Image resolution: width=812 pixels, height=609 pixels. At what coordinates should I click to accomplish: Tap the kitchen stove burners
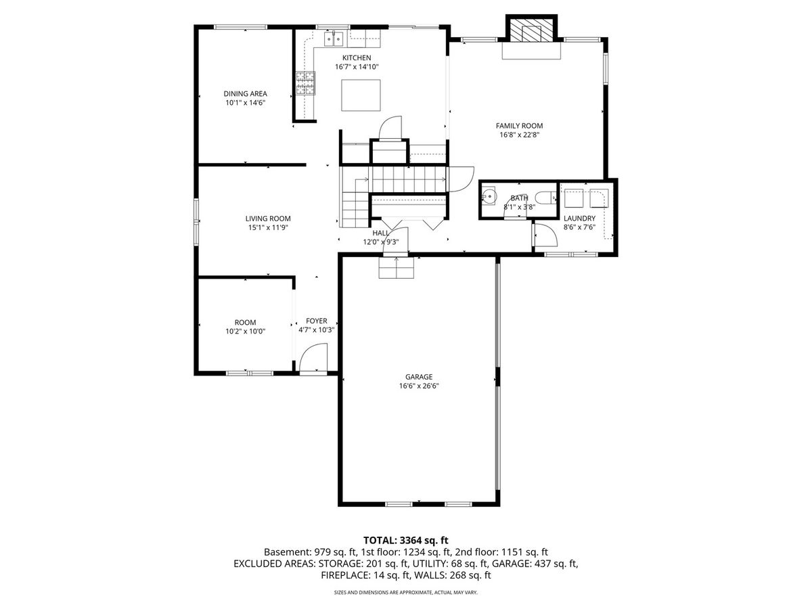(x=305, y=83)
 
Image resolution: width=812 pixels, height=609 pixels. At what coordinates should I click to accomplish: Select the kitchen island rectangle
(x=361, y=95)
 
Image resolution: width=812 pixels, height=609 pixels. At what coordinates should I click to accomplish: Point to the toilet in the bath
(x=545, y=198)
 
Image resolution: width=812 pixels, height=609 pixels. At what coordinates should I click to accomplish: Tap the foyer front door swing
(x=313, y=359)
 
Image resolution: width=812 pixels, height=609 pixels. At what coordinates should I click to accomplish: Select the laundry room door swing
(x=545, y=235)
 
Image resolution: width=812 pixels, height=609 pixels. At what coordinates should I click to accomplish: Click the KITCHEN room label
(x=357, y=58)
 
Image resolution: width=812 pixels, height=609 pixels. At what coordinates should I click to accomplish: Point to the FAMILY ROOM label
(x=520, y=126)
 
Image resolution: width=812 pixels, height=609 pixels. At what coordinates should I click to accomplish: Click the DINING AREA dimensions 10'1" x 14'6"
(x=246, y=103)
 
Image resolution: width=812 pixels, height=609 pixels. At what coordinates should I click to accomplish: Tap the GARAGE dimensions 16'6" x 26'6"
(x=419, y=386)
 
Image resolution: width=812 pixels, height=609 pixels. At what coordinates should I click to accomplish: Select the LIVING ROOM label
(x=268, y=219)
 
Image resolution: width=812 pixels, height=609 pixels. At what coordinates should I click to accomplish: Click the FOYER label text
(x=316, y=321)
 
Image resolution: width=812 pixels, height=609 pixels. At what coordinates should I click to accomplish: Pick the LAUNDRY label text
(x=579, y=218)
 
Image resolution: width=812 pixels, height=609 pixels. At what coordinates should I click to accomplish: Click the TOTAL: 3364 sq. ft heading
(x=406, y=541)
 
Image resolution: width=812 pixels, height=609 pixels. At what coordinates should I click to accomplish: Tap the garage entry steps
(x=397, y=267)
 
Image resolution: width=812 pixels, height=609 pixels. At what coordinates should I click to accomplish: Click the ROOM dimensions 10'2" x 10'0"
(x=246, y=332)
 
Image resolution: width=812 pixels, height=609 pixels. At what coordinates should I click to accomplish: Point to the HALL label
(x=381, y=233)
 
